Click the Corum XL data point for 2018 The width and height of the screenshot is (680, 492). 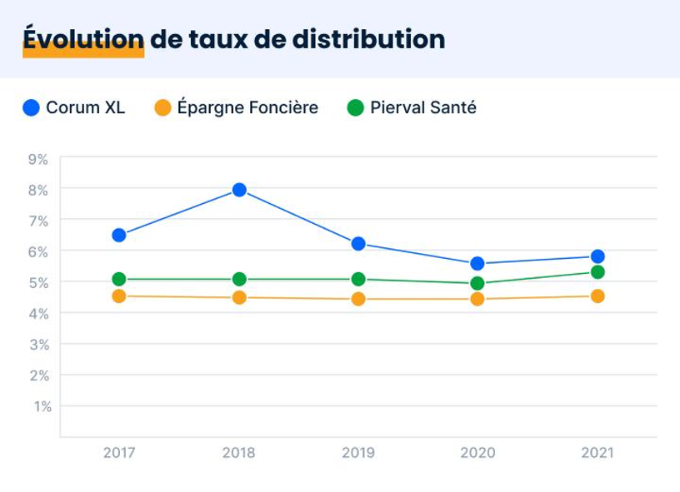(239, 190)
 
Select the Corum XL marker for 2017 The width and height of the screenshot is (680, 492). (119, 236)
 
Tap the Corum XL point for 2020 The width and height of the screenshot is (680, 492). (477, 264)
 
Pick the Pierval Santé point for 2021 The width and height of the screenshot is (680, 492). (597, 272)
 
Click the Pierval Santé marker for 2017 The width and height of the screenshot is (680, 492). (119, 279)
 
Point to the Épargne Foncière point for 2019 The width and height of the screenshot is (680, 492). (358, 299)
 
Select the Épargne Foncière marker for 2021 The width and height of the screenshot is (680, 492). (597, 296)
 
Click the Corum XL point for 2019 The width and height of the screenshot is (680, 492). (358, 244)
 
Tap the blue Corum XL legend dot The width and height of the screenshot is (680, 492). (32, 107)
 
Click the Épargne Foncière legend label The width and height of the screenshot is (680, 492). (247, 107)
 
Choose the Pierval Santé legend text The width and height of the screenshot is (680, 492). (423, 107)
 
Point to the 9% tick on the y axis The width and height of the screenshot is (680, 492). (38, 158)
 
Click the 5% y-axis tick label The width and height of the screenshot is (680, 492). (38, 282)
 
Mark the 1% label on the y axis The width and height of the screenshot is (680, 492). (42, 406)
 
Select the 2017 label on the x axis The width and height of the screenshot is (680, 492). (119, 453)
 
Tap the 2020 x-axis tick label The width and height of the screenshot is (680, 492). (477, 453)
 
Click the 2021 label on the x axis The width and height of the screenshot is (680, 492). (597, 453)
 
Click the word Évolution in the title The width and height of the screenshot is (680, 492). (83, 39)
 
